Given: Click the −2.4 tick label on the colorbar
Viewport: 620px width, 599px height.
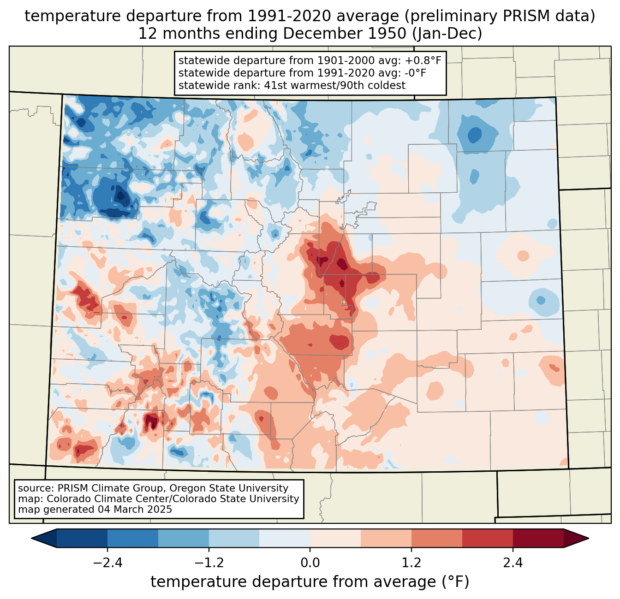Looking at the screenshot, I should tap(107, 563).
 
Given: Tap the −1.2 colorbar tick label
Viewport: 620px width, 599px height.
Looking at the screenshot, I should tap(209, 563).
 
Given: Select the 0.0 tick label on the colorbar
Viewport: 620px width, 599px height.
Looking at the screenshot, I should tap(310, 563).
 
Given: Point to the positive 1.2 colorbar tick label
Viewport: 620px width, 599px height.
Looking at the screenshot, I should tap(411, 563).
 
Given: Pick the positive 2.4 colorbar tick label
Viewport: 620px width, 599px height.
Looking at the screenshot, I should tap(513, 563).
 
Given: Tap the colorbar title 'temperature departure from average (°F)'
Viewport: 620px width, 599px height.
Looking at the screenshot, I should tap(310, 582).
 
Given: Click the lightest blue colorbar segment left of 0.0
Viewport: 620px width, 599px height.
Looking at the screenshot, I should tap(285, 538).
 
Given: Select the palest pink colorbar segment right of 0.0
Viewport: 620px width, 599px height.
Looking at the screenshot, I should tap(335, 538).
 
